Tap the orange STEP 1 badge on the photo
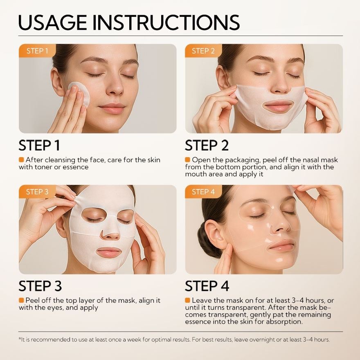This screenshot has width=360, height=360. [x=37, y=51]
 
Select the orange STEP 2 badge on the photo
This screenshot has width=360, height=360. [x=203, y=51]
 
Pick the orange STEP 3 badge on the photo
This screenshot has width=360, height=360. [x=37, y=192]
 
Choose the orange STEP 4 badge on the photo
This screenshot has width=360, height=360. [x=203, y=192]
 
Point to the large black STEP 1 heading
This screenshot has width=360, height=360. [x=39, y=146]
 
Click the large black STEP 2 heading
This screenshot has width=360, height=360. [x=207, y=146]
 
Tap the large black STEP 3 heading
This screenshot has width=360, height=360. [x=40, y=286]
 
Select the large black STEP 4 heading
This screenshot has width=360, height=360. [x=207, y=286]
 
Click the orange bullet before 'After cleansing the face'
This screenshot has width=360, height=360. [x=21, y=160]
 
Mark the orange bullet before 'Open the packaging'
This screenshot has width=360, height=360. [x=187, y=160]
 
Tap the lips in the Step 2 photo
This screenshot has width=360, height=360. [x=278, y=107]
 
